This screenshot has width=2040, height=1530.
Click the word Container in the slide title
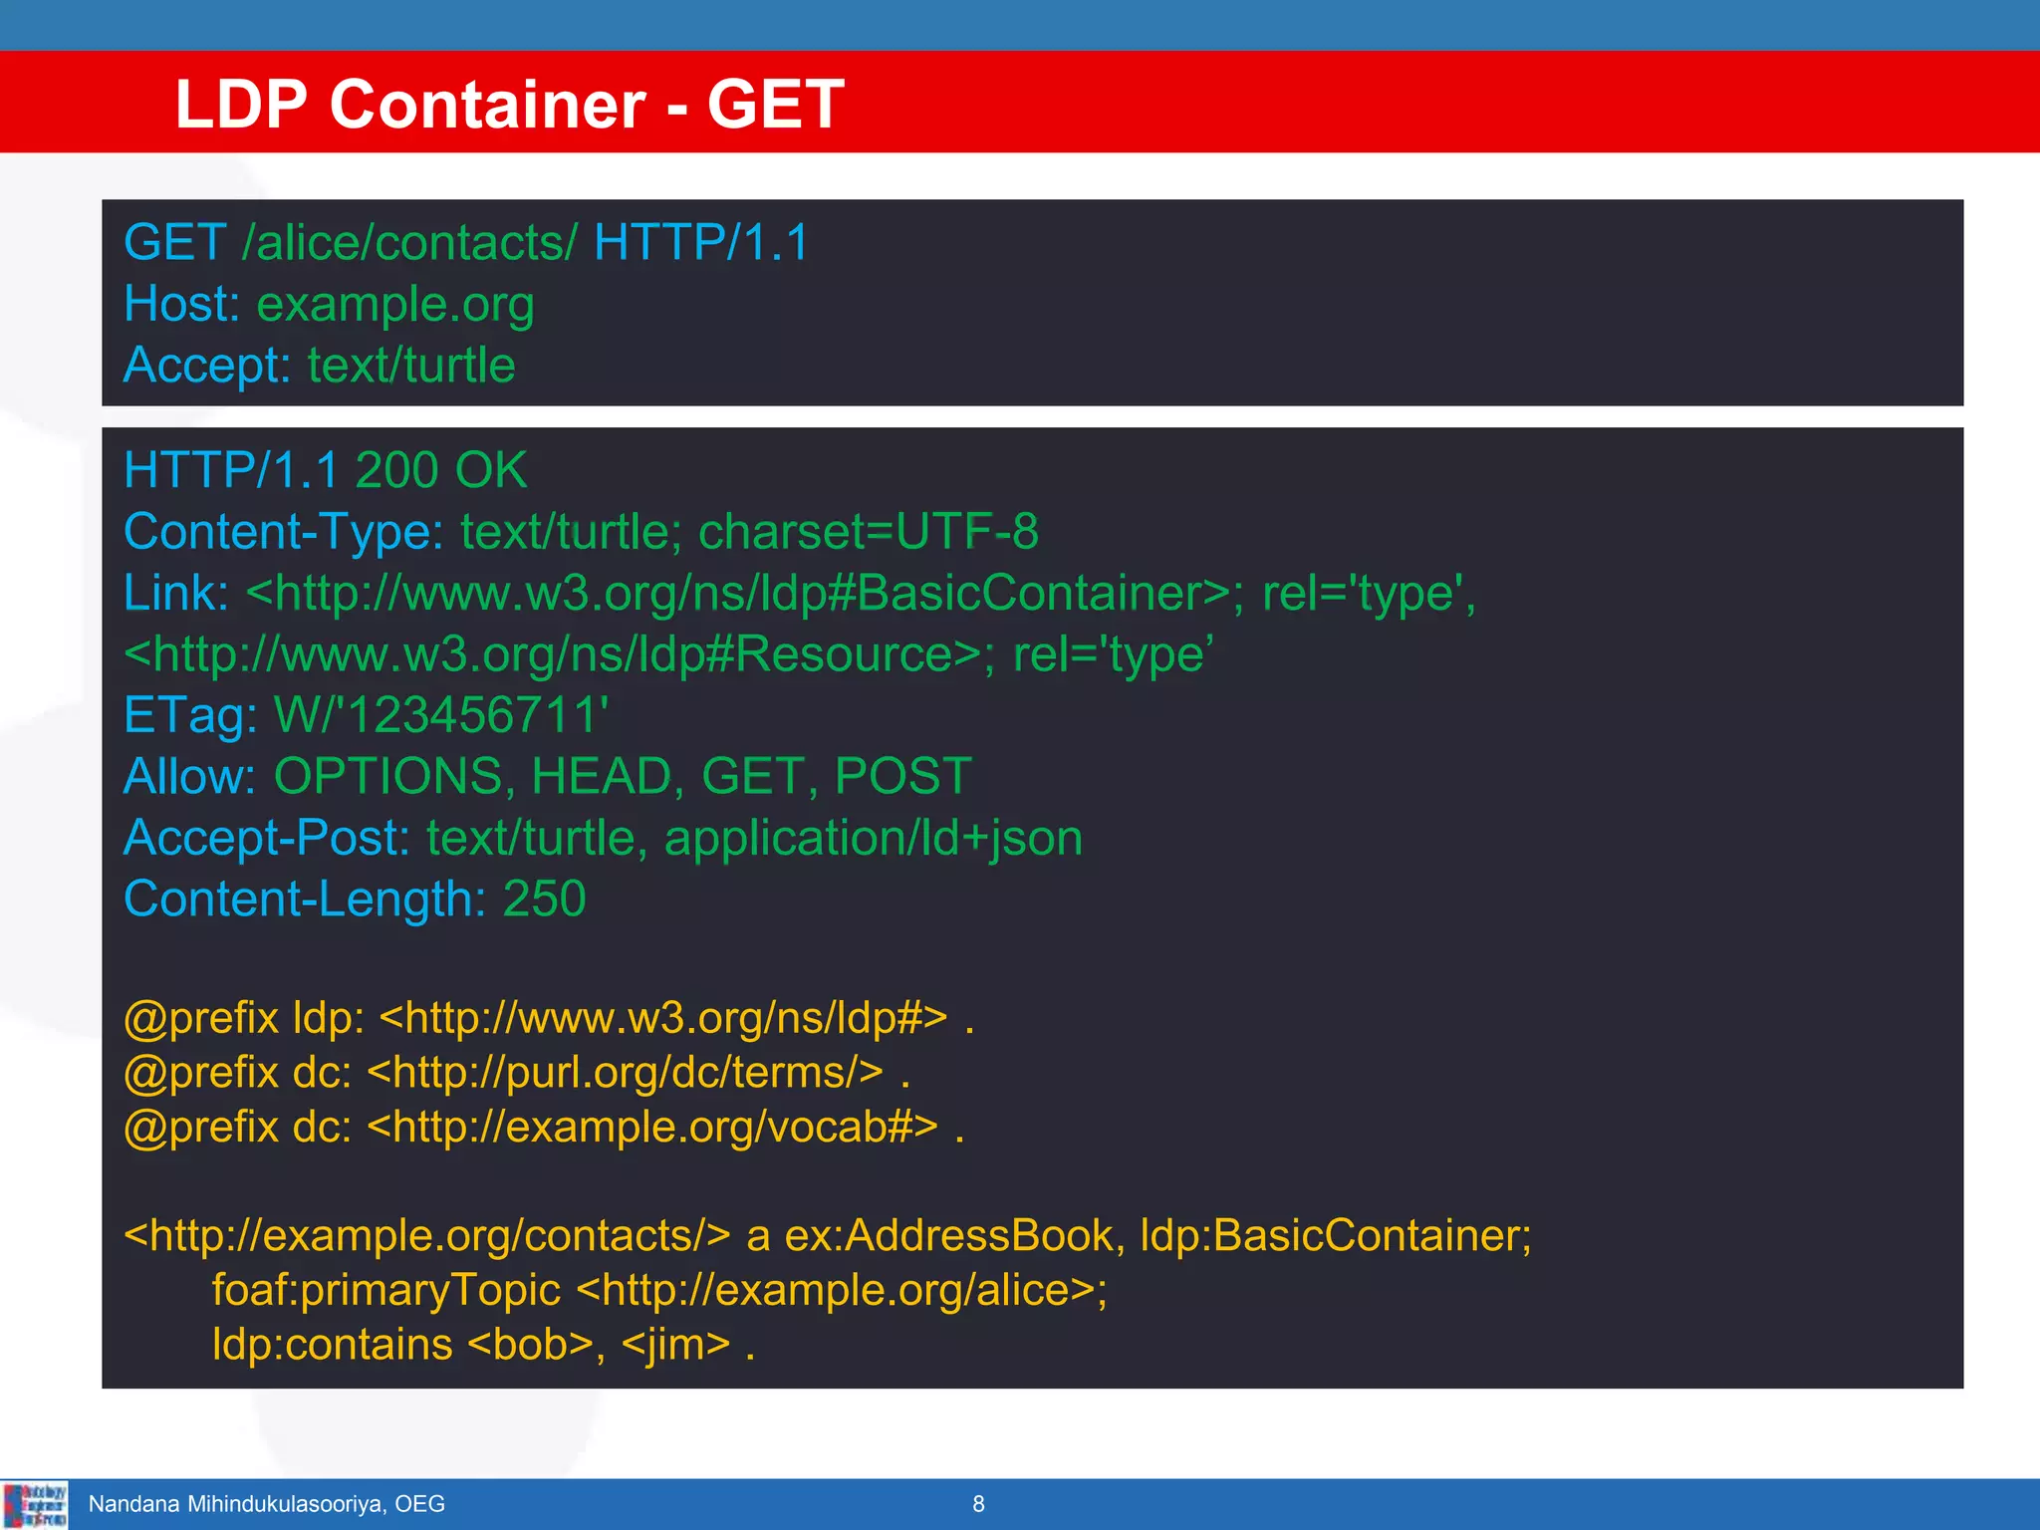(x=487, y=105)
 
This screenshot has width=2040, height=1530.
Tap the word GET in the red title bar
(x=775, y=105)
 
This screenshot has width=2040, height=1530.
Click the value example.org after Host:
(x=395, y=304)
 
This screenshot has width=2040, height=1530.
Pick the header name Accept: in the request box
(x=206, y=366)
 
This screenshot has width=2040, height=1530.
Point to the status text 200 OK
(x=440, y=470)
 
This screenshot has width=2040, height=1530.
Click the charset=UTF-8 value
(x=868, y=532)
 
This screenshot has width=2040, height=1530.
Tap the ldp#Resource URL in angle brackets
(x=553, y=655)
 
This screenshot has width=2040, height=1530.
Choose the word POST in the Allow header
(x=902, y=777)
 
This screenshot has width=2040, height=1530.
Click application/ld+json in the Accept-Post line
(x=873, y=839)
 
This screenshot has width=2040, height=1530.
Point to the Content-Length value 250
(x=544, y=899)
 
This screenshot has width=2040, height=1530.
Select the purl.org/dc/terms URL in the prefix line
(x=625, y=1073)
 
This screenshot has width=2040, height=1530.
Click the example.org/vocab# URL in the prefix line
(x=652, y=1128)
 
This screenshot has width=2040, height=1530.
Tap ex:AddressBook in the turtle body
(x=948, y=1236)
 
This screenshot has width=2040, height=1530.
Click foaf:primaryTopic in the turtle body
(x=386, y=1291)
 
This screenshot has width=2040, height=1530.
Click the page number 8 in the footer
(x=978, y=1504)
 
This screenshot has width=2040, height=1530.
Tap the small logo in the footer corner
(x=35, y=1504)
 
